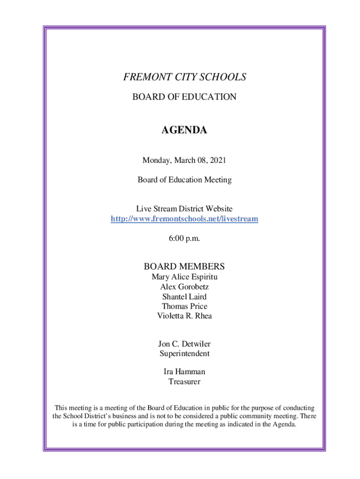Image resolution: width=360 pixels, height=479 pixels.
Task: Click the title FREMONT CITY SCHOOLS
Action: (184, 77)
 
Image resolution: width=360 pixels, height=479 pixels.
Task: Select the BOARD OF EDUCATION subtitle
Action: (184, 97)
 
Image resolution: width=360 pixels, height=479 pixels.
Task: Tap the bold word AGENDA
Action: (184, 131)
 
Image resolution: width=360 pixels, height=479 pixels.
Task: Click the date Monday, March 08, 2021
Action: (184, 161)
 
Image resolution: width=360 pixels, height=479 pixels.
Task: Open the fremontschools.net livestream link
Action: (184, 219)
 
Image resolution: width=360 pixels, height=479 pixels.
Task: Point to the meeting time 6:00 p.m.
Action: (184, 239)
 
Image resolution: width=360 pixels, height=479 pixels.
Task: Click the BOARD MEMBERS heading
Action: (184, 267)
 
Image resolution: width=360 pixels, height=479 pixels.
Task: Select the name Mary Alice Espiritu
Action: (184, 277)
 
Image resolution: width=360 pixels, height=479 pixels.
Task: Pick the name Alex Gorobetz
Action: (184, 287)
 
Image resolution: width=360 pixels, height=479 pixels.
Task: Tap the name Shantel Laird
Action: (184, 297)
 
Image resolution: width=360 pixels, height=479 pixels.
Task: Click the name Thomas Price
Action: (184, 306)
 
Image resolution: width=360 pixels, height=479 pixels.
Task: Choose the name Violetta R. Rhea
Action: (184, 316)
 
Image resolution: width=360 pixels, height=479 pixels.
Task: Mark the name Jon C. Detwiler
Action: (184, 344)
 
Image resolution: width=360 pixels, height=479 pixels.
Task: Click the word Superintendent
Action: (184, 354)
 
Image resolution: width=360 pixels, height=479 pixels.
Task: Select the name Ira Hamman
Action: (184, 372)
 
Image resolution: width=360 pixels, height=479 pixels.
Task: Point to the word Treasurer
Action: (184, 382)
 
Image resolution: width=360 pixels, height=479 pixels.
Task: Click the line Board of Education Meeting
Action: (184, 180)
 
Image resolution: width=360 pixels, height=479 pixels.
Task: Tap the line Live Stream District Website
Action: (184, 209)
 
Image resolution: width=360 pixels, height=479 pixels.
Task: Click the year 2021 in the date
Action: (217, 161)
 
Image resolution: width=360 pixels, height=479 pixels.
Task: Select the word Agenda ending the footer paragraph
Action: (284, 425)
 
